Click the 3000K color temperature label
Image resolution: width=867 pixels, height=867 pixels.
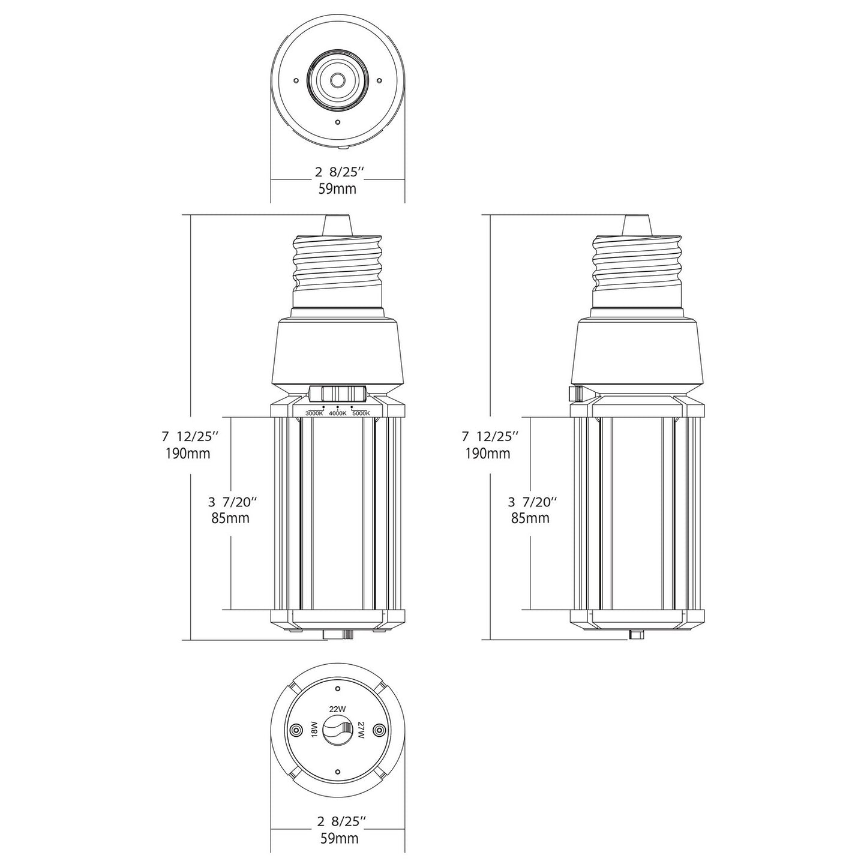pyautogui.click(x=314, y=413)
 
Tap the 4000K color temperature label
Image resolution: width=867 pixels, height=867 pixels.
pyautogui.click(x=337, y=413)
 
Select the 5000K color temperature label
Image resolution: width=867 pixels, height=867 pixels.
pyautogui.click(x=361, y=413)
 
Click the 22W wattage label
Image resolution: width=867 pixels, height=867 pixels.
pyautogui.click(x=337, y=709)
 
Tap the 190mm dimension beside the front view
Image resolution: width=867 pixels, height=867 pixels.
pyautogui.click(x=188, y=453)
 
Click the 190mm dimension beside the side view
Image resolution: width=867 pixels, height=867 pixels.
pyautogui.click(x=488, y=453)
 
